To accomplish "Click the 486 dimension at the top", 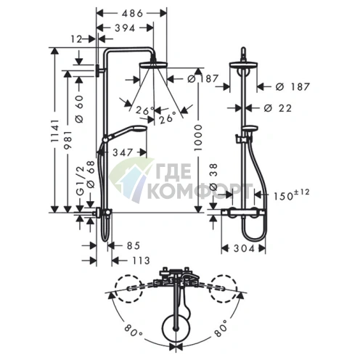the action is [x=132, y=13].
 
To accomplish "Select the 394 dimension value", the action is [x=125, y=28].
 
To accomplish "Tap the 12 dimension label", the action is [x=77, y=39].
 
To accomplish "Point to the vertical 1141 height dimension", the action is [x=55, y=131].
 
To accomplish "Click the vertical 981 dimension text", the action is [x=68, y=140].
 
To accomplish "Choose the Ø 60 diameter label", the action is [x=79, y=109].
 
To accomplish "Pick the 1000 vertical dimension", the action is [x=198, y=138].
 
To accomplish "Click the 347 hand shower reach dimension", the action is [x=123, y=152].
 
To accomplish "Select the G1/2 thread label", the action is [x=80, y=181].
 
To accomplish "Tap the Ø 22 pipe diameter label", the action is [x=278, y=108].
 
